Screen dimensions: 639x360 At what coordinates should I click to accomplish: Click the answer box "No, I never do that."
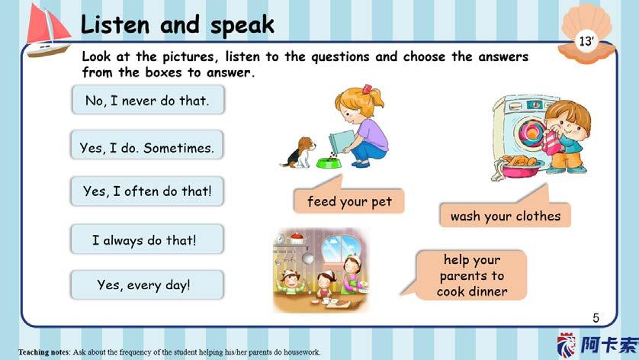148,100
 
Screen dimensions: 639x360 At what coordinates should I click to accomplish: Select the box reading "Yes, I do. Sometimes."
146,145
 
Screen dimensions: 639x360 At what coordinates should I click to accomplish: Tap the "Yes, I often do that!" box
147,191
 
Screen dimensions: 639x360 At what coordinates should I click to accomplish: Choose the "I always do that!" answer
146,239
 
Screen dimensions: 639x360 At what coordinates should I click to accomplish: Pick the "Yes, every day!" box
146,284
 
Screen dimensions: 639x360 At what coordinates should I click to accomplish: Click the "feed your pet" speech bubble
348,200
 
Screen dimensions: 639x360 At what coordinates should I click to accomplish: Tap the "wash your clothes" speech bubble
505,214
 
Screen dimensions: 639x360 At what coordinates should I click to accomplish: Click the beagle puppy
299,153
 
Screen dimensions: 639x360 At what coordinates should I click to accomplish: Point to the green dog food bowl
329,163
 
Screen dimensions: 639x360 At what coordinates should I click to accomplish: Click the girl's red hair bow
367,88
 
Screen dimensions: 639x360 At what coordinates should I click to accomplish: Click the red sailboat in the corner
48,31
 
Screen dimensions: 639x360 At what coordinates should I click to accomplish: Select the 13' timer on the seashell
586,41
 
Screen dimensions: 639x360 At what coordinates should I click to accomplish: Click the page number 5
596,317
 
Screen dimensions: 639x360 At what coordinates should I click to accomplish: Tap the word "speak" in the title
242,25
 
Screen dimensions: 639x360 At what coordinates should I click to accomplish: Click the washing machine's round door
529,133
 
